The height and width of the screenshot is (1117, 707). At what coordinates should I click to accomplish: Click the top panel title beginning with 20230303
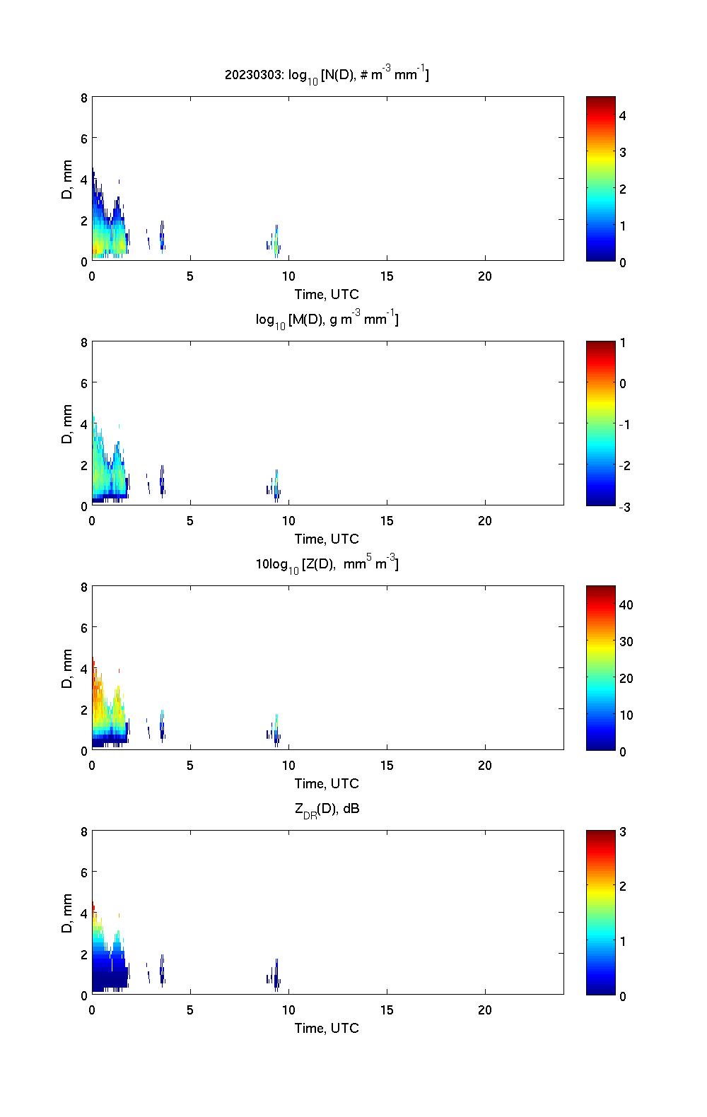coord(327,74)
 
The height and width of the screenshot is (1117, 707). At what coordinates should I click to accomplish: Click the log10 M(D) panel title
coord(327,320)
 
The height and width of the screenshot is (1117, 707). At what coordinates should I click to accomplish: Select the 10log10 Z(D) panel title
coord(327,564)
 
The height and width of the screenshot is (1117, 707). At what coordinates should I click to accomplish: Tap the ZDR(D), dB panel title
coord(327,809)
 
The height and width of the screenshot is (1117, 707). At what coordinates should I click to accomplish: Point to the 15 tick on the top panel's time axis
coord(387,276)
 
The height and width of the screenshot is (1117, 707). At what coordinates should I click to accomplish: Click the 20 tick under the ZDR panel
coord(485,1010)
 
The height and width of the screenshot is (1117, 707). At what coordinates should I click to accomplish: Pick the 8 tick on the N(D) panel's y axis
coord(84,98)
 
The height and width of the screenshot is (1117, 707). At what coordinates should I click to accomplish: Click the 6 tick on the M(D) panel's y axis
coord(84,382)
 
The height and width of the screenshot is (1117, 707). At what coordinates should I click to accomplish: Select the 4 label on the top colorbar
coord(623,115)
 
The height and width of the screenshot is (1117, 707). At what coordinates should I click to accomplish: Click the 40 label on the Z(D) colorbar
coord(626,605)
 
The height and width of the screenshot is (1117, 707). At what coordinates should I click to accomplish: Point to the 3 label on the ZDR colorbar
coord(623,832)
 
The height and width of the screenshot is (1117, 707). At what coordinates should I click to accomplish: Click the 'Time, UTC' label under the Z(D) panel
coord(327,783)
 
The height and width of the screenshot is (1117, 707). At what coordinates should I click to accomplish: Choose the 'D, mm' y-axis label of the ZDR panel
coord(68,913)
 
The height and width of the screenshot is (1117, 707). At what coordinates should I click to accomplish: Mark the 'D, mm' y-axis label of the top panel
coord(68,180)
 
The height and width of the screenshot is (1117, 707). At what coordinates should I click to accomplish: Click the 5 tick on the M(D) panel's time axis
coord(190,521)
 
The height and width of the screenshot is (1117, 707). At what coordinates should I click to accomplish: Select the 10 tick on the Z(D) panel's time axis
coord(288,766)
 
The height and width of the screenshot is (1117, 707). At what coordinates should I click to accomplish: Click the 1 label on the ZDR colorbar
coord(623,941)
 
